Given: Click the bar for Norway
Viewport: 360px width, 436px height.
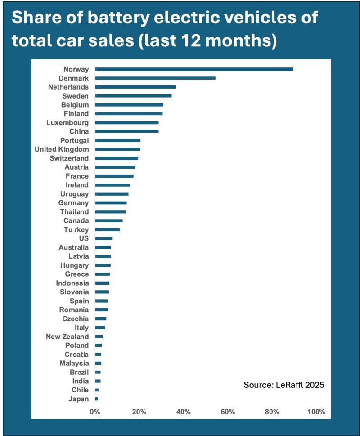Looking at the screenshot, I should [x=194, y=69].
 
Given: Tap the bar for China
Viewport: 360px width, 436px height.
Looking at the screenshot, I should [x=127, y=131].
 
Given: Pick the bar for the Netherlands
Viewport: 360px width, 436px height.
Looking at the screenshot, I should [x=135, y=87].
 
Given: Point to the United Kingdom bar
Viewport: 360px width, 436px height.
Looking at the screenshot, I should [x=118, y=149].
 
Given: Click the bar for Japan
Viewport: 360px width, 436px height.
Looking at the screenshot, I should [x=97, y=399].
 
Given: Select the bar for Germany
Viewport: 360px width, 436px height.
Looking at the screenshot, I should [x=111, y=203].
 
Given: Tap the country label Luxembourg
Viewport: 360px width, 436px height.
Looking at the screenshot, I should [x=67, y=122].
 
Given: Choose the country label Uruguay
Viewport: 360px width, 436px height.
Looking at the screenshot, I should [x=74, y=194].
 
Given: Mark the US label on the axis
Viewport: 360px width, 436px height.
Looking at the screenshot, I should [x=84, y=238].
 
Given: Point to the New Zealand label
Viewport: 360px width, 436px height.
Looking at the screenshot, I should [x=67, y=337].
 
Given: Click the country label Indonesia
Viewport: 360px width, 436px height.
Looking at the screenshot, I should [x=72, y=283].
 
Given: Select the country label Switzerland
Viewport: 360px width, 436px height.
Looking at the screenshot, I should [x=69, y=158].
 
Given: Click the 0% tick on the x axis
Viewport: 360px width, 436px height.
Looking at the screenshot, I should [x=94, y=412].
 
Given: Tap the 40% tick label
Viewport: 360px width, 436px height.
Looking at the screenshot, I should [x=184, y=412].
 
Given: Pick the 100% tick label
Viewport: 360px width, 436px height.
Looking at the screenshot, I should [x=316, y=412].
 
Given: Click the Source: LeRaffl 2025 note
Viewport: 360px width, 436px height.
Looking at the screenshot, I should [x=283, y=385].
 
